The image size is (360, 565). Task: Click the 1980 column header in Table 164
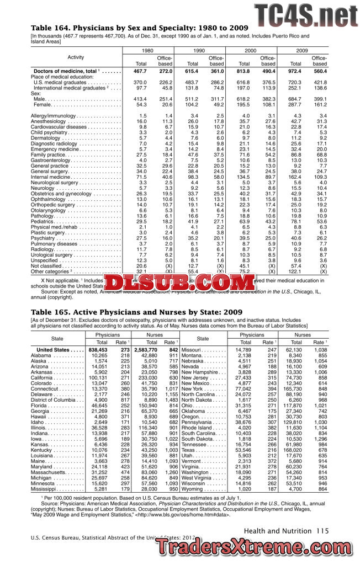click(x=147, y=50)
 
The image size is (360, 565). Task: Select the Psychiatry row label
click(x=44, y=238)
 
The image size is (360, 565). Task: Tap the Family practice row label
click(x=49, y=155)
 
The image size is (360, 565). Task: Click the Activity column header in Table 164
click(x=76, y=57)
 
